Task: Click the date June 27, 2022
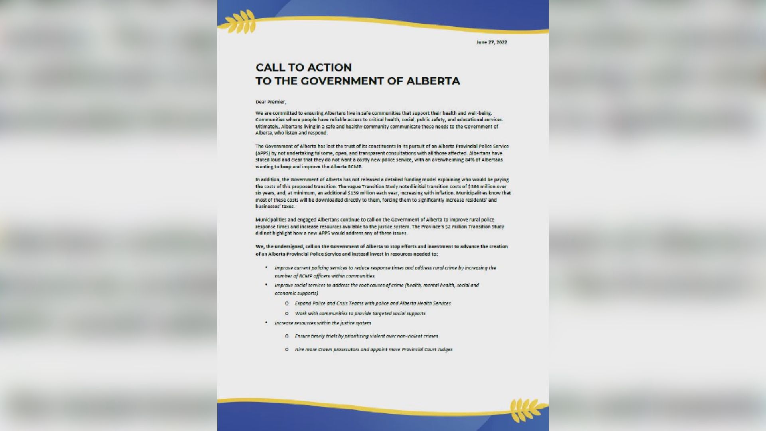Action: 492,42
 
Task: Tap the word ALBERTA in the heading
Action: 433,81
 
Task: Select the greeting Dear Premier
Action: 271,102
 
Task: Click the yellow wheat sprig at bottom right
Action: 526,409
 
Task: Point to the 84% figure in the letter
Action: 452,160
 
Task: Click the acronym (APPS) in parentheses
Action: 263,153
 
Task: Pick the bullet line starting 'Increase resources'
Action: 323,323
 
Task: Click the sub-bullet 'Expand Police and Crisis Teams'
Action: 373,303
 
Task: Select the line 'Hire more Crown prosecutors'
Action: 373,350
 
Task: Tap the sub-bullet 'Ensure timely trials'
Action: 366,336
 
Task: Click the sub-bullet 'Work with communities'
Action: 360,314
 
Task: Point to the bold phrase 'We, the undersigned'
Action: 279,247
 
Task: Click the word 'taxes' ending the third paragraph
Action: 288,206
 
